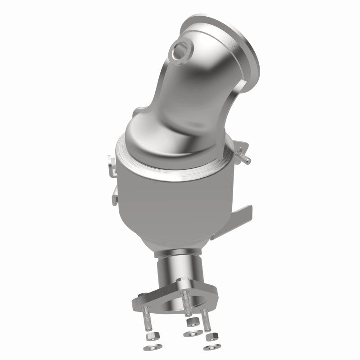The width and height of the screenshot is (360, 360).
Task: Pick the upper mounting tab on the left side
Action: tap(112, 161)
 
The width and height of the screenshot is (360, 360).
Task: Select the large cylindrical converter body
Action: tap(175, 202)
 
